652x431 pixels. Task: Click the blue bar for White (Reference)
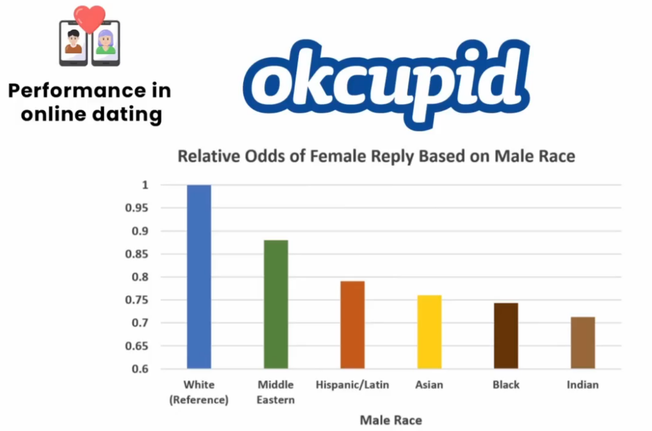199,276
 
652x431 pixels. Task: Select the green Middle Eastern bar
276,304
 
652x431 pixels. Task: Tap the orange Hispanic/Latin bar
353,325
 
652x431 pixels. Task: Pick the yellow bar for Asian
429,331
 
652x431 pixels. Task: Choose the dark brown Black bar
506,336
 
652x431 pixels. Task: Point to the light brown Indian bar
583,343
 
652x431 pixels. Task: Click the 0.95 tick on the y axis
137,208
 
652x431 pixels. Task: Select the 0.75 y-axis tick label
137,300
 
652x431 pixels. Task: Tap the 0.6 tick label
140,369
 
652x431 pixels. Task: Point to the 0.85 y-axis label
137,254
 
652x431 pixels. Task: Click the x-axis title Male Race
391,420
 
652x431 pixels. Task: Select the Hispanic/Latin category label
353,385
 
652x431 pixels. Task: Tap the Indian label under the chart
583,385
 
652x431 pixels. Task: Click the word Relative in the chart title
209,156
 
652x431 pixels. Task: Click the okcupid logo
387,83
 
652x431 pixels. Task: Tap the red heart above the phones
90,19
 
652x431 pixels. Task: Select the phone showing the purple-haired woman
106,44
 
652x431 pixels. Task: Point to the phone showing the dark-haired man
74,44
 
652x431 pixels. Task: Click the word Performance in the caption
77,92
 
